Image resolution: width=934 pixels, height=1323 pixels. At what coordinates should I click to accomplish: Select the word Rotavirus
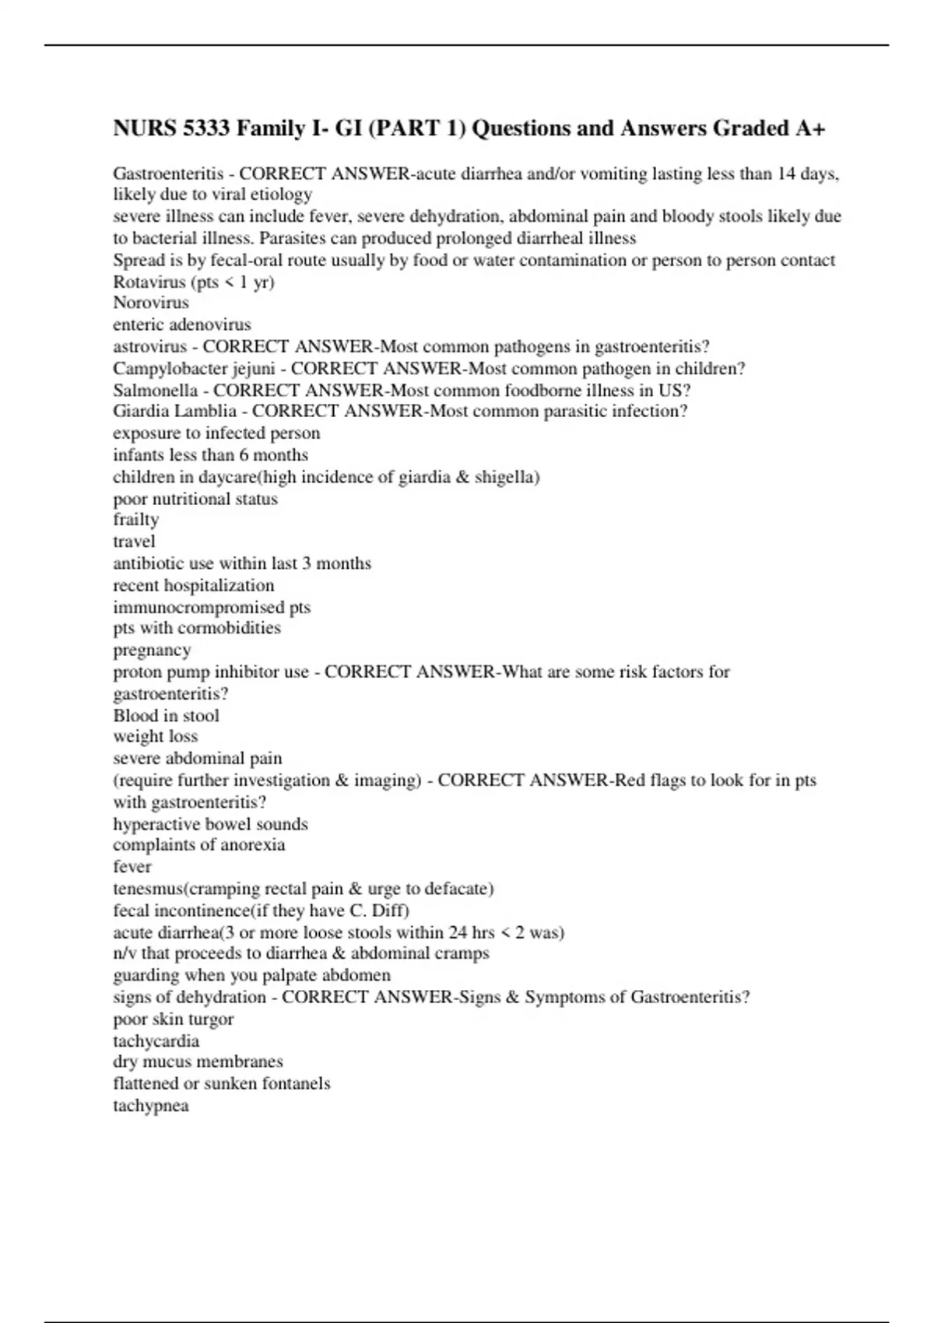pyautogui.click(x=149, y=282)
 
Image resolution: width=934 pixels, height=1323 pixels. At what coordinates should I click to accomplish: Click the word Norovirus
pyautogui.click(x=150, y=303)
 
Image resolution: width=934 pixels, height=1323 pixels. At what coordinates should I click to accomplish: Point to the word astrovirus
pyautogui.click(x=149, y=346)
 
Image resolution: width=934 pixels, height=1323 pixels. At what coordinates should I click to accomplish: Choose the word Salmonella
pyautogui.click(x=155, y=390)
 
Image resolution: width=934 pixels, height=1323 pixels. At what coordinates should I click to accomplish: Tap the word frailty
pyautogui.click(x=135, y=520)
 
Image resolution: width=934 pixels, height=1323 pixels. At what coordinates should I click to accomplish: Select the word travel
pyautogui.click(x=134, y=542)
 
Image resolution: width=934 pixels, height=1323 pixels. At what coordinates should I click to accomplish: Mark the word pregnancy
pyautogui.click(x=152, y=650)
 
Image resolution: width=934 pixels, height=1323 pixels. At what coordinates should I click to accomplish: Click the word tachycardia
pyautogui.click(x=156, y=1041)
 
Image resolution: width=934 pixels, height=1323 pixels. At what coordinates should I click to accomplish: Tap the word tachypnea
pyautogui.click(x=150, y=1106)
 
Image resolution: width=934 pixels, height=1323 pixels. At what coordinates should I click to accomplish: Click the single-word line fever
pyautogui.click(x=132, y=867)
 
